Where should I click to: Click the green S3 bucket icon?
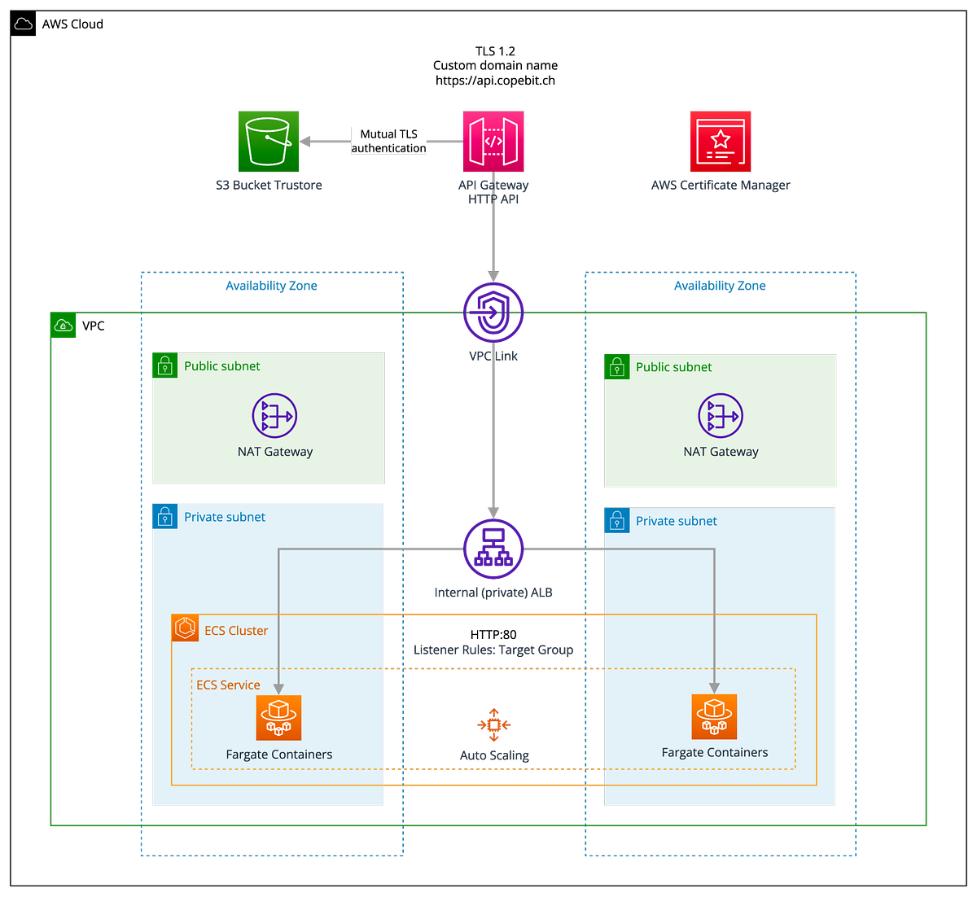click(268, 142)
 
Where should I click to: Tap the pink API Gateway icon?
click(494, 142)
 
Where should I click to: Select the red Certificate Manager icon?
click(720, 142)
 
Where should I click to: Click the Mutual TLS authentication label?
click(389, 141)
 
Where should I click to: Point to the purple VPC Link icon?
click(493, 312)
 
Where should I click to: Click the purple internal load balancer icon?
click(493, 549)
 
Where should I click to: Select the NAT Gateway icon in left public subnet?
click(274, 416)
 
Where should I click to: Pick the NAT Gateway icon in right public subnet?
click(721, 416)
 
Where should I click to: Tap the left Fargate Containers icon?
click(278, 718)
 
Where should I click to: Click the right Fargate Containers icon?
click(714, 716)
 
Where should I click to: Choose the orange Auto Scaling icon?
click(493, 724)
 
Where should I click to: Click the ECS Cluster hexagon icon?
click(186, 628)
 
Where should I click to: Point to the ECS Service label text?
click(228, 685)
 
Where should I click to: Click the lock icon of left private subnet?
click(164, 516)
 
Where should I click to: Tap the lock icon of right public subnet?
click(616, 367)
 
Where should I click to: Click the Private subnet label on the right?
click(676, 521)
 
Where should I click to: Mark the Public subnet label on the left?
click(221, 366)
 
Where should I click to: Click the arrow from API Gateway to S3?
click(326, 142)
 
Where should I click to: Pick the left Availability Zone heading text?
click(271, 286)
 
